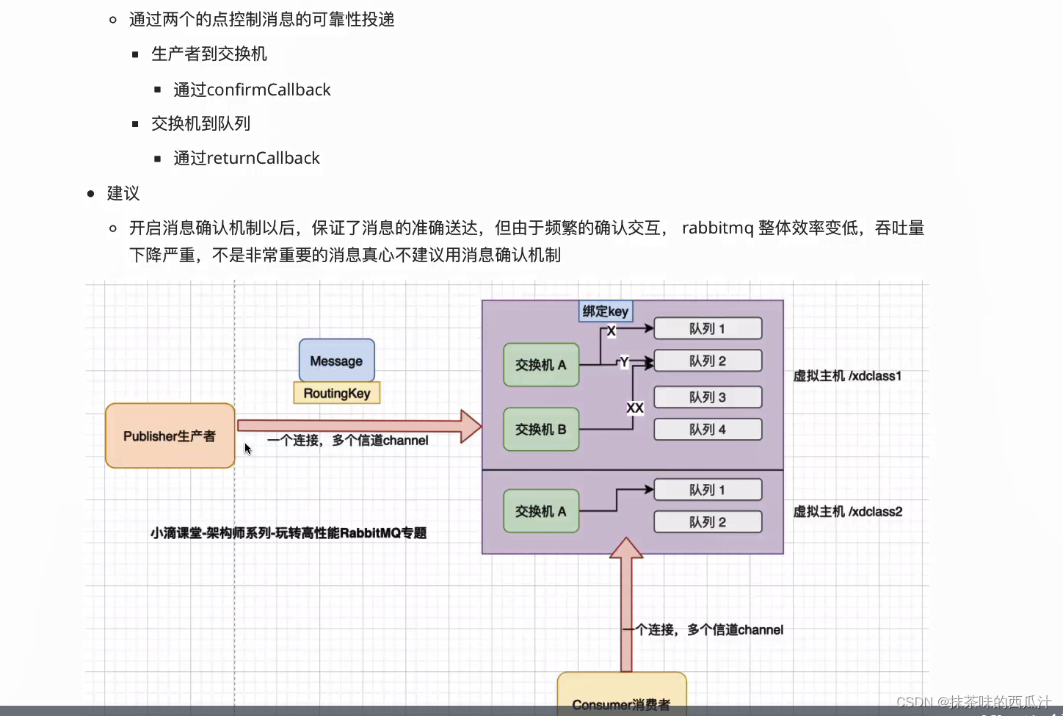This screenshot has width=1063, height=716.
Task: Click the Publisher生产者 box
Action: (x=170, y=435)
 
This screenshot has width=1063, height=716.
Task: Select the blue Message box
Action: (x=336, y=361)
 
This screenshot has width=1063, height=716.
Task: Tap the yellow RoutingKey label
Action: (x=337, y=393)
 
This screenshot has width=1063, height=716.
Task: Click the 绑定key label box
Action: (x=606, y=311)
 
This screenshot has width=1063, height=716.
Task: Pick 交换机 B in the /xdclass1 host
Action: (x=541, y=429)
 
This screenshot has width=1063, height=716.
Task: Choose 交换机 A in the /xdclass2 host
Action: (x=541, y=511)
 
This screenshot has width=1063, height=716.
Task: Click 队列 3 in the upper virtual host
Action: (x=708, y=397)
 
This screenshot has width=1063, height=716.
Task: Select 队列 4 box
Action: (x=708, y=430)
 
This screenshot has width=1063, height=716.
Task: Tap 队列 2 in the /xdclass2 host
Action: (x=708, y=522)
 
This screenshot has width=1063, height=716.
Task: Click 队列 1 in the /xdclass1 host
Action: (x=708, y=328)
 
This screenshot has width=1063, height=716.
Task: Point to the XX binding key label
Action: (x=635, y=408)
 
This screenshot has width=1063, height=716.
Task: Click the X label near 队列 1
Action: (x=611, y=331)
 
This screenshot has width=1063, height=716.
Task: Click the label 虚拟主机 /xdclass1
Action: (x=847, y=376)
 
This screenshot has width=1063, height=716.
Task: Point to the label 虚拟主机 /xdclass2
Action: (x=848, y=512)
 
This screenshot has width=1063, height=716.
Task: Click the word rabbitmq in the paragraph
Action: (x=717, y=228)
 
